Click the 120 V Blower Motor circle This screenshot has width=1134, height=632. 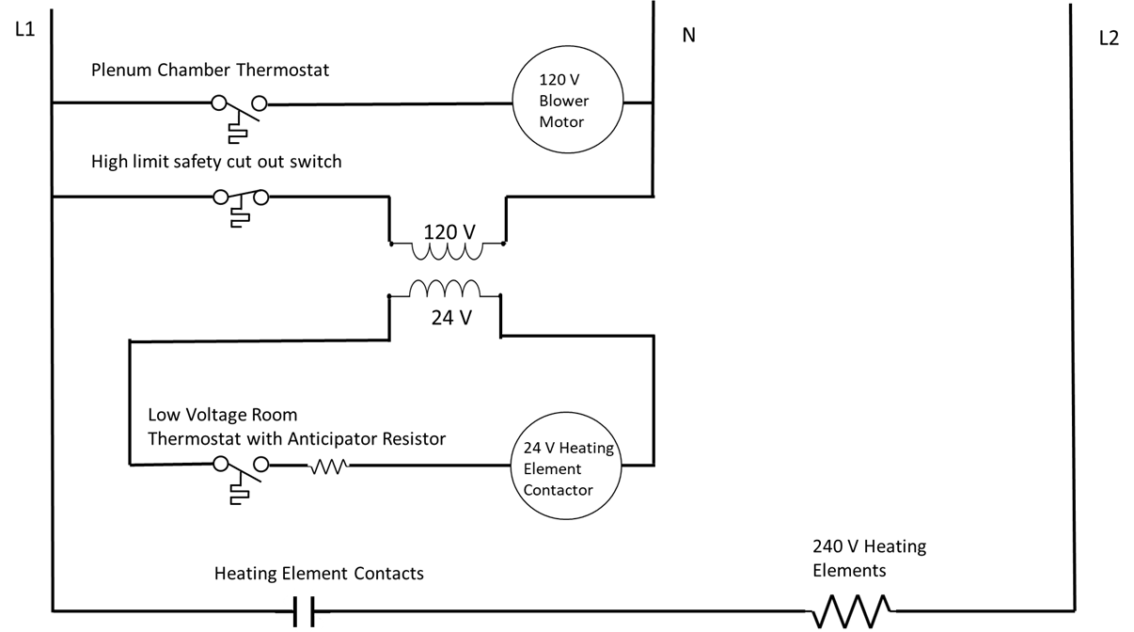(563, 102)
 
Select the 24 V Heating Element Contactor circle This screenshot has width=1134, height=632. (560, 468)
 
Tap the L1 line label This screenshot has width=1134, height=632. (24, 30)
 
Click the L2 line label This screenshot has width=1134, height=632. (1109, 39)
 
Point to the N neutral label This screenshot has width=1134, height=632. (688, 36)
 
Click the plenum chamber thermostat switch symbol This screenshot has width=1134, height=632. (241, 107)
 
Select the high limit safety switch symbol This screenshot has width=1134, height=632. (241, 201)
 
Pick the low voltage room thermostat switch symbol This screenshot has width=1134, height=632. (241, 469)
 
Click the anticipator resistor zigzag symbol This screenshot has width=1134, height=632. (329, 465)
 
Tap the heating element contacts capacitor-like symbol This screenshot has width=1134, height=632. (303, 611)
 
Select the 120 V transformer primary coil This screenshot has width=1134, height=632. (447, 250)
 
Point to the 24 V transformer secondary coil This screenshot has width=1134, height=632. (444, 288)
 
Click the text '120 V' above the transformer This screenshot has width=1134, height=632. (449, 231)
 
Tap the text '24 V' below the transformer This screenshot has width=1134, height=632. (451, 318)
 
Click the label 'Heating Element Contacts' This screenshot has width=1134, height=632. (319, 573)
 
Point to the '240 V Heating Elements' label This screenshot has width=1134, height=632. (868, 558)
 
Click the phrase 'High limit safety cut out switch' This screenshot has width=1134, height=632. (216, 162)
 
